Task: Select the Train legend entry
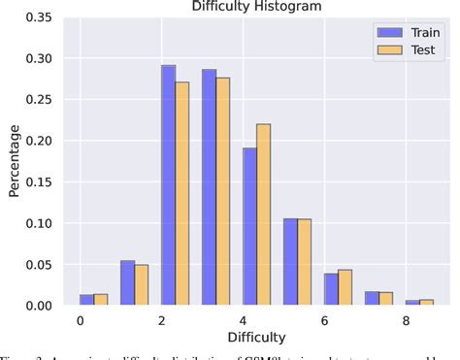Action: coord(409,33)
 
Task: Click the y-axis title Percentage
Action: coord(14,161)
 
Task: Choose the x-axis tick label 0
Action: coord(81,320)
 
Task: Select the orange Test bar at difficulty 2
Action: coord(182,193)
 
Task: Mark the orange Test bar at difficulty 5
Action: coord(304,262)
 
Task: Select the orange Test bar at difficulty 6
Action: coord(345,287)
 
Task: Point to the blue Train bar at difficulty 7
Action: coord(372,298)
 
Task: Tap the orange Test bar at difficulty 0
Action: coord(101,300)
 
